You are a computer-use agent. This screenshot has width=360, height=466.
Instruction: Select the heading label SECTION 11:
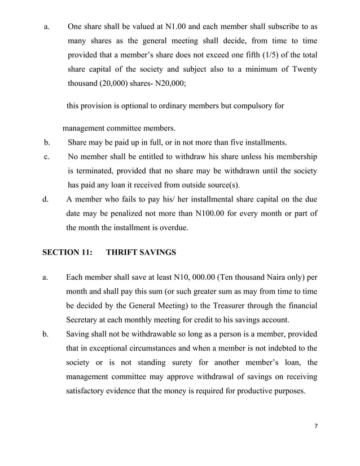pos(67,253)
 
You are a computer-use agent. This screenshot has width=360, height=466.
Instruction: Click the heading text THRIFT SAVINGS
pos(141,253)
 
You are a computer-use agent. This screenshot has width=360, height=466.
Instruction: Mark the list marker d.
pos(46,199)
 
